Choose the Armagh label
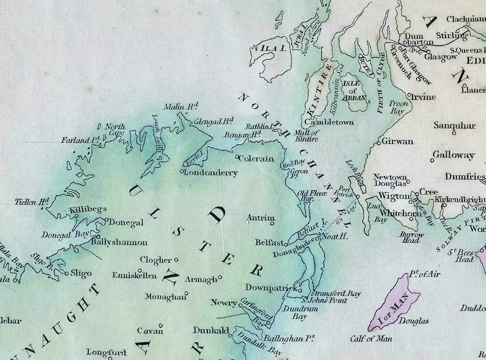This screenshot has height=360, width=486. coord(201,280)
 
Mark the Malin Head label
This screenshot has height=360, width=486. coord(181,107)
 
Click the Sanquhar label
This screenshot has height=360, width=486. coord(454,126)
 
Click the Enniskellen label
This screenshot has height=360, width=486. coord(136,275)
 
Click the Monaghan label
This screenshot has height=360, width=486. coord(164,296)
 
